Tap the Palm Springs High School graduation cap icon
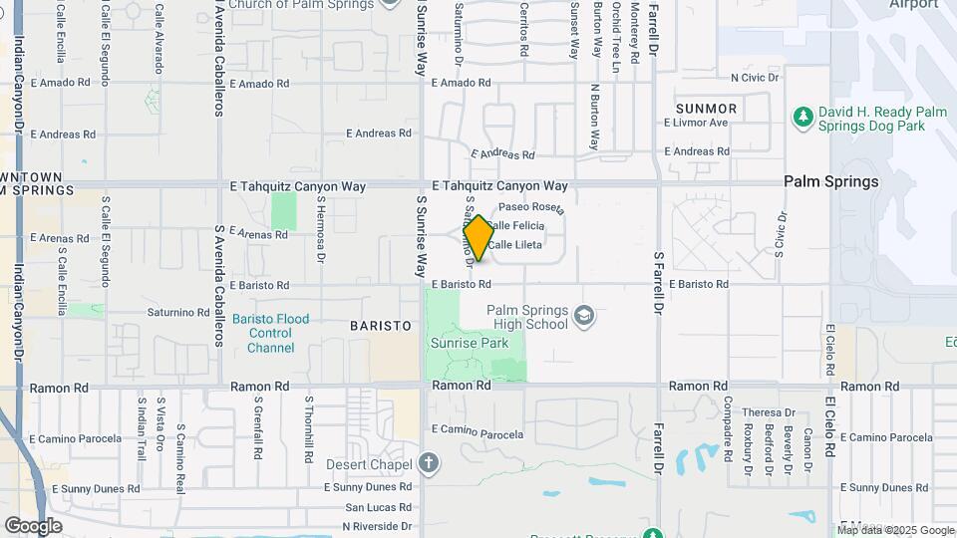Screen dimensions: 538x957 (584, 317)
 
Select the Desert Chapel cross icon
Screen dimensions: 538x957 (428, 463)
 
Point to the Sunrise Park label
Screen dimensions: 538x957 (469, 343)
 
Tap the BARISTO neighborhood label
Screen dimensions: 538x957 (381, 326)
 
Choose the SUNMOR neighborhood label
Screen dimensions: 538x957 (706, 108)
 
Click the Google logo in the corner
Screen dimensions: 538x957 (33, 525)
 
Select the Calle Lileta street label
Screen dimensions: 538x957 (542, 244)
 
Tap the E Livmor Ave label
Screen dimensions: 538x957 (696, 124)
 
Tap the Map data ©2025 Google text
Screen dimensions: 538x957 (894, 529)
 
